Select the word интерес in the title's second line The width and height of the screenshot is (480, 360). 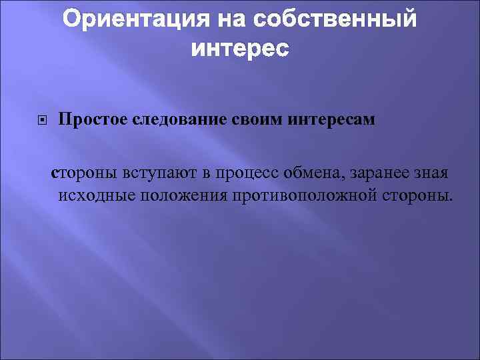click(x=240, y=49)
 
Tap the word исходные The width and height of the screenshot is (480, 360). click(x=92, y=195)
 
